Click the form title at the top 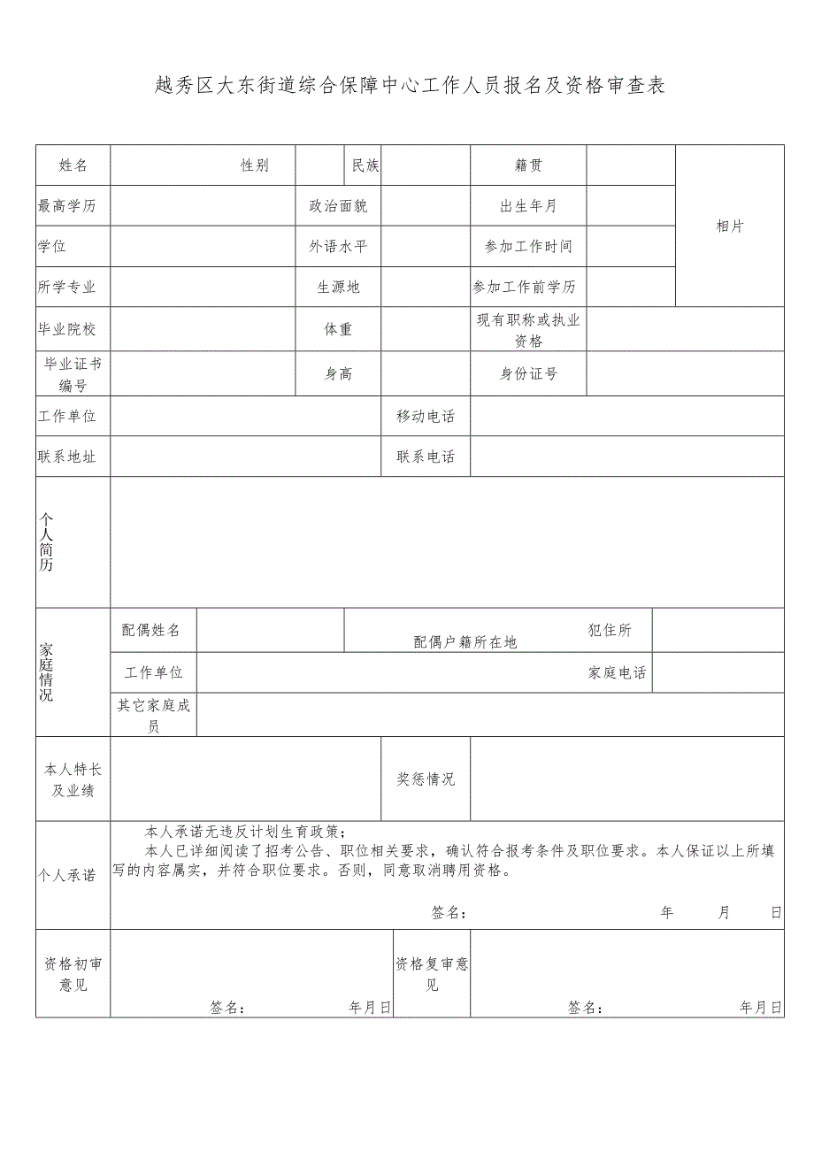click(x=409, y=86)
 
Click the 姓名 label click(x=73, y=165)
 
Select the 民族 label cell click(x=365, y=165)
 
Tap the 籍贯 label click(x=528, y=165)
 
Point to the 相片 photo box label click(x=730, y=226)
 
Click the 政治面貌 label click(x=338, y=206)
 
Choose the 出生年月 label click(x=528, y=206)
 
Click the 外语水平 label click(x=338, y=247)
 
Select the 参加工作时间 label click(x=528, y=247)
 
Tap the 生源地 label click(x=338, y=288)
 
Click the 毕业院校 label click(x=67, y=329)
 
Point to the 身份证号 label click(x=528, y=374)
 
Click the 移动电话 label click(x=426, y=417)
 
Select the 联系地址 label click(x=67, y=457)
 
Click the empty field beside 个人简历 click(x=447, y=542)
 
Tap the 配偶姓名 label click(x=151, y=630)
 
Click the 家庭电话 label click(x=618, y=673)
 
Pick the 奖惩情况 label click(x=426, y=779)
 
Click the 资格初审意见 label click(x=73, y=974)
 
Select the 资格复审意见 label click(x=432, y=974)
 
